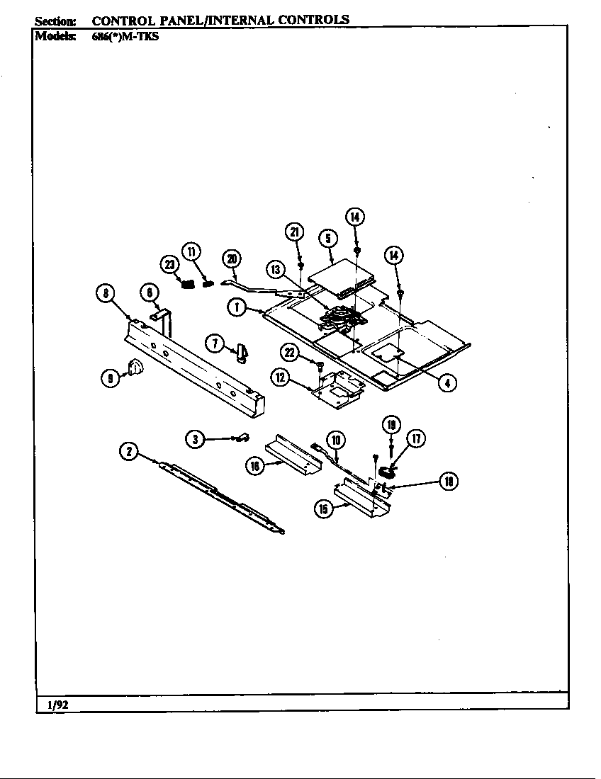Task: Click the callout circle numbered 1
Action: [x=237, y=307]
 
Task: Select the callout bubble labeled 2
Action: [x=128, y=451]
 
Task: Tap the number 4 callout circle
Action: [x=446, y=383]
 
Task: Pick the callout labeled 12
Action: [x=281, y=377]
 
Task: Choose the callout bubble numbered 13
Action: [x=276, y=269]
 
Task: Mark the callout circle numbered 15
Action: [x=325, y=508]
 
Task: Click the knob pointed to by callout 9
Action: [x=135, y=368]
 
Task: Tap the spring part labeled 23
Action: [x=186, y=284]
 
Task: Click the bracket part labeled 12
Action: [x=337, y=389]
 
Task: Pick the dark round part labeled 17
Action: [x=388, y=470]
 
